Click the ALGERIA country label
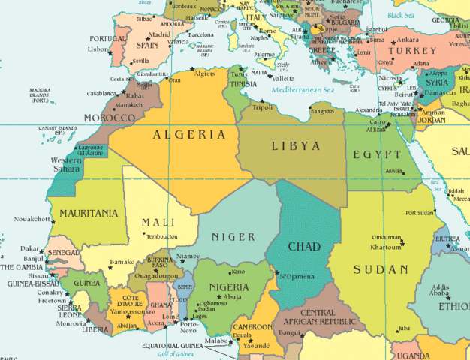[x=189, y=135]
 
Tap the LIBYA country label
[x=295, y=145]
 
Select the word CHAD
[x=305, y=247]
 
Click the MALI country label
[x=158, y=222]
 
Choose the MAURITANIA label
[x=88, y=214]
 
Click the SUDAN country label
[x=381, y=269]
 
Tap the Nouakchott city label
[x=32, y=220]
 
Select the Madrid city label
[x=160, y=34]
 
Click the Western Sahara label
[x=67, y=164]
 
